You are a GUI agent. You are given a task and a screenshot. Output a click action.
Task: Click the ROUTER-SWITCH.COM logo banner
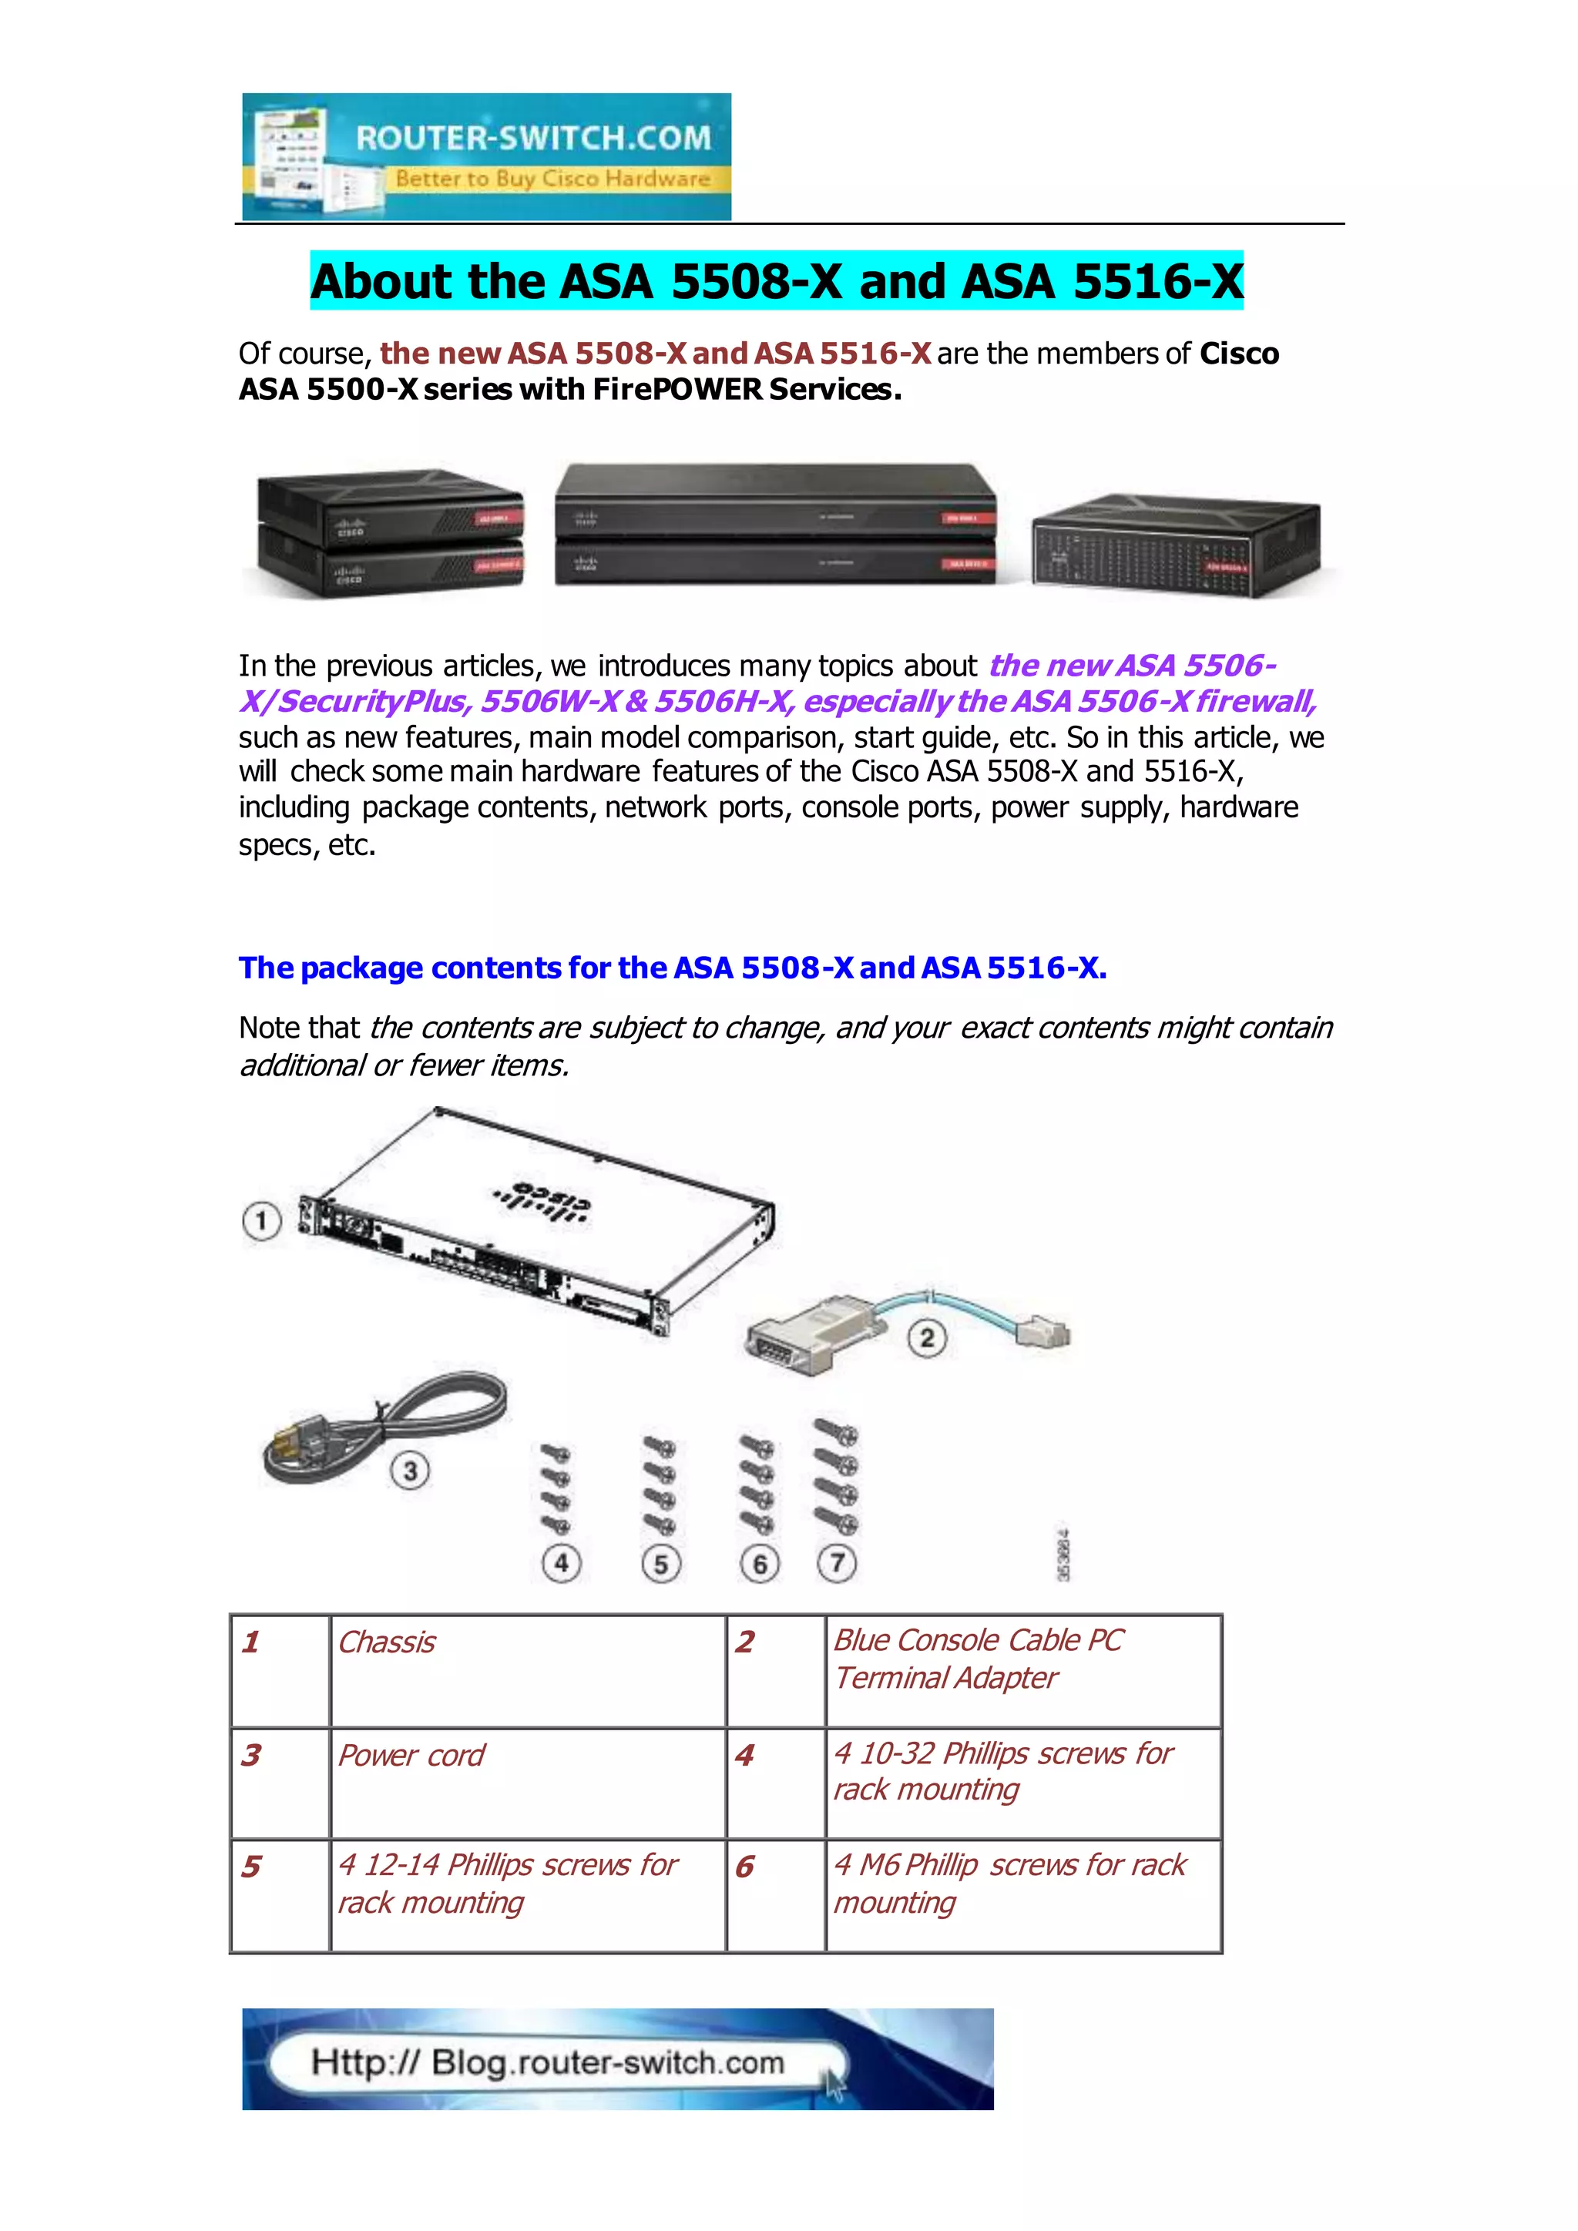tap(486, 156)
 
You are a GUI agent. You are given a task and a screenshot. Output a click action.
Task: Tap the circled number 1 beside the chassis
tap(261, 1220)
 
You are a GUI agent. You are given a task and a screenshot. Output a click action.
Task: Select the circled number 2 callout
tap(926, 1338)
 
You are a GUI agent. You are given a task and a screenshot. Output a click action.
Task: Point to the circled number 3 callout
tap(410, 1471)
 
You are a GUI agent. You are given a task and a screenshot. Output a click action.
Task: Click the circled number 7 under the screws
tap(837, 1562)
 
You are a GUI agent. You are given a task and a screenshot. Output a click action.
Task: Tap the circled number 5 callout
tap(661, 1565)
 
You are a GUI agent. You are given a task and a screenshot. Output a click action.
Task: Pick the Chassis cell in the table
tap(528, 1670)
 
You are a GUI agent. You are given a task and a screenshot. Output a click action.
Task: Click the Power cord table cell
tap(528, 1783)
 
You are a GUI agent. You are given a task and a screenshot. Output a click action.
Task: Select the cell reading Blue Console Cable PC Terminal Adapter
tap(1022, 1670)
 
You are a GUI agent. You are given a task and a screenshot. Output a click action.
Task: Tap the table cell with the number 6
tap(774, 1895)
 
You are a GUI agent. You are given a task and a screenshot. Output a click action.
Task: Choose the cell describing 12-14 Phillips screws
tap(528, 1895)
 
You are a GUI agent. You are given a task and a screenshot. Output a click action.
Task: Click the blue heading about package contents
tap(673, 968)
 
